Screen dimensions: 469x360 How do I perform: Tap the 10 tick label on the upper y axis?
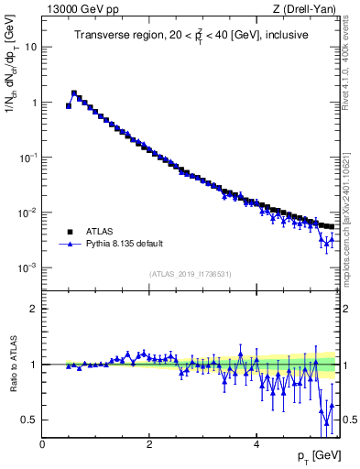(x=31, y=47)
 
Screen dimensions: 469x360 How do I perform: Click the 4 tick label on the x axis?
(x=256, y=444)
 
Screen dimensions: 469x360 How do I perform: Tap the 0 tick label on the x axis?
(x=42, y=444)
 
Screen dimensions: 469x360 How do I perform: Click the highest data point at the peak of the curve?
(x=74, y=93)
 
